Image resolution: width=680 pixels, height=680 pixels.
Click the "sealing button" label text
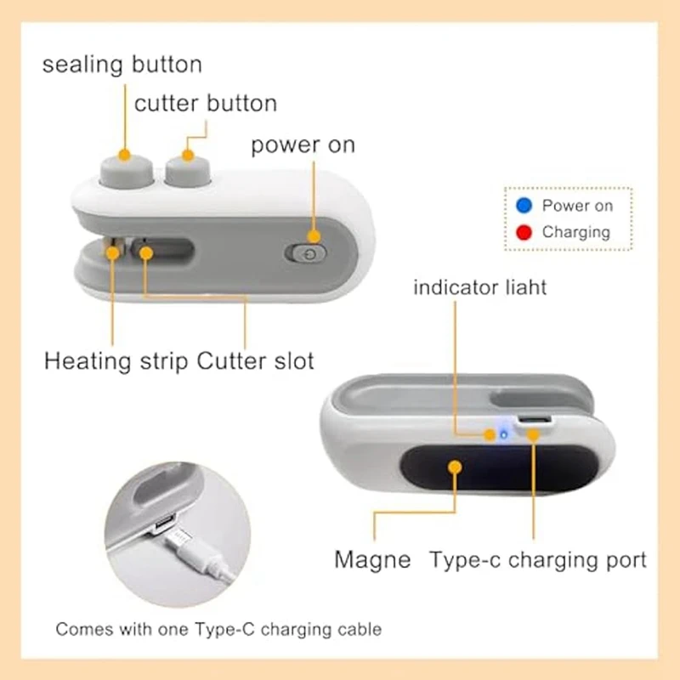pos(122,65)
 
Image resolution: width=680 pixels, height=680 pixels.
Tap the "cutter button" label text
pos(206,104)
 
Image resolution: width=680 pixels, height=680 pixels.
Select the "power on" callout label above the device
pos(303,144)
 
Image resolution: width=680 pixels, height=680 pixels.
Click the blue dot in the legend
pos(524,205)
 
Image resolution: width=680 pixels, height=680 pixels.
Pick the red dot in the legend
pos(524,231)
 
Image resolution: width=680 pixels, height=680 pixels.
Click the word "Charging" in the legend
pos(575,231)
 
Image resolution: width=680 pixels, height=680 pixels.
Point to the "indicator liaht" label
pos(480,286)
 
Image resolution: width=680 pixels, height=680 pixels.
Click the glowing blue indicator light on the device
pos(503,434)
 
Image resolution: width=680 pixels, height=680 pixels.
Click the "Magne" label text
pos(372,559)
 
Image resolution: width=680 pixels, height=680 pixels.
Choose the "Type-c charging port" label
pos(538,559)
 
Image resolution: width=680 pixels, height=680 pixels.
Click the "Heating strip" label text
pos(116,360)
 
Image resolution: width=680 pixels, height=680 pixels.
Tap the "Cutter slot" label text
pos(256,360)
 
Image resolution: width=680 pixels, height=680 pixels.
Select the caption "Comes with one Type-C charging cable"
pos(218,630)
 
